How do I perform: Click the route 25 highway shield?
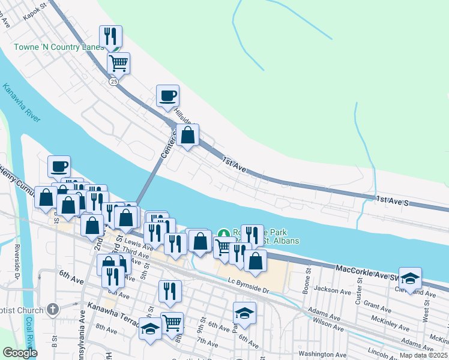pos(113,82)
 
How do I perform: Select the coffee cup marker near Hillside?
pos(167,95)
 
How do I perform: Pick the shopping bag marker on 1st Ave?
pos(188,135)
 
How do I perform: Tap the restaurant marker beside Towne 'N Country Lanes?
pos(110,36)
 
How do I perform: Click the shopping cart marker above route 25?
pos(119,62)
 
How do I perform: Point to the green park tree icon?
pos(223,233)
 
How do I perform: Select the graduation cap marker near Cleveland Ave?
pos(410,278)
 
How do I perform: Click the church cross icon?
pos(53,310)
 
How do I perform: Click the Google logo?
pos(20,352)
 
